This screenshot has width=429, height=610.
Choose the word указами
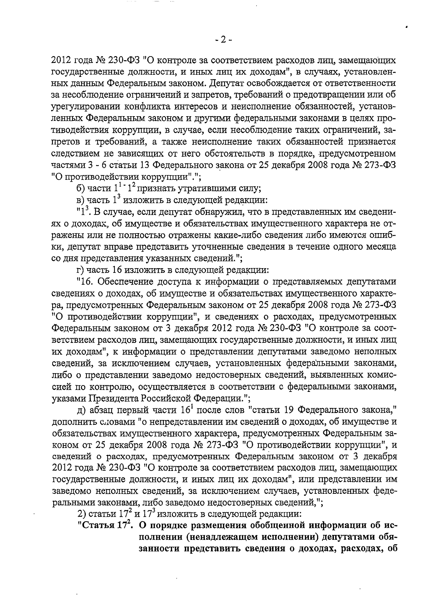click(69, 398)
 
